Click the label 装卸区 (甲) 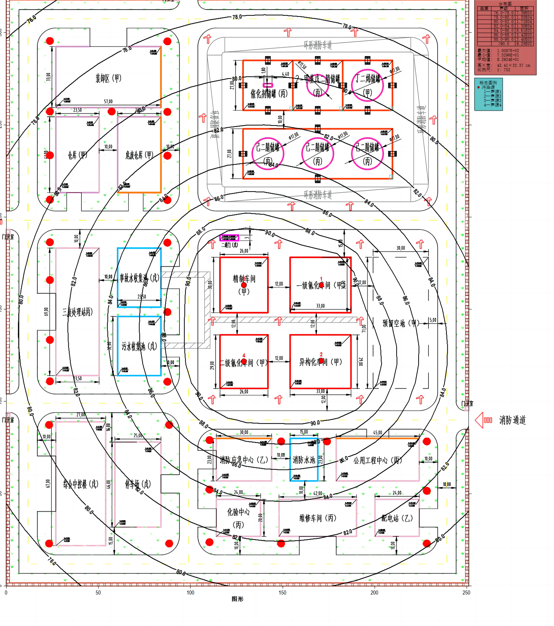[x=108, y=78]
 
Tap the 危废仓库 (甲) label [x=139, y=155]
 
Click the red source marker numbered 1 [x=321, y=285]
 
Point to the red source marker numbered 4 [x=244, y=361]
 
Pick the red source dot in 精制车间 [x=244, y=285]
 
